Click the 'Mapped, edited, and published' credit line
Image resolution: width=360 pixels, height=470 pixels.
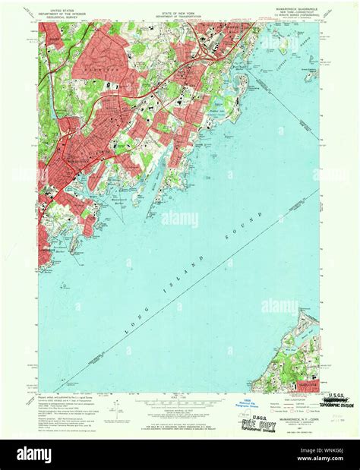[x=65, y=396]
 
